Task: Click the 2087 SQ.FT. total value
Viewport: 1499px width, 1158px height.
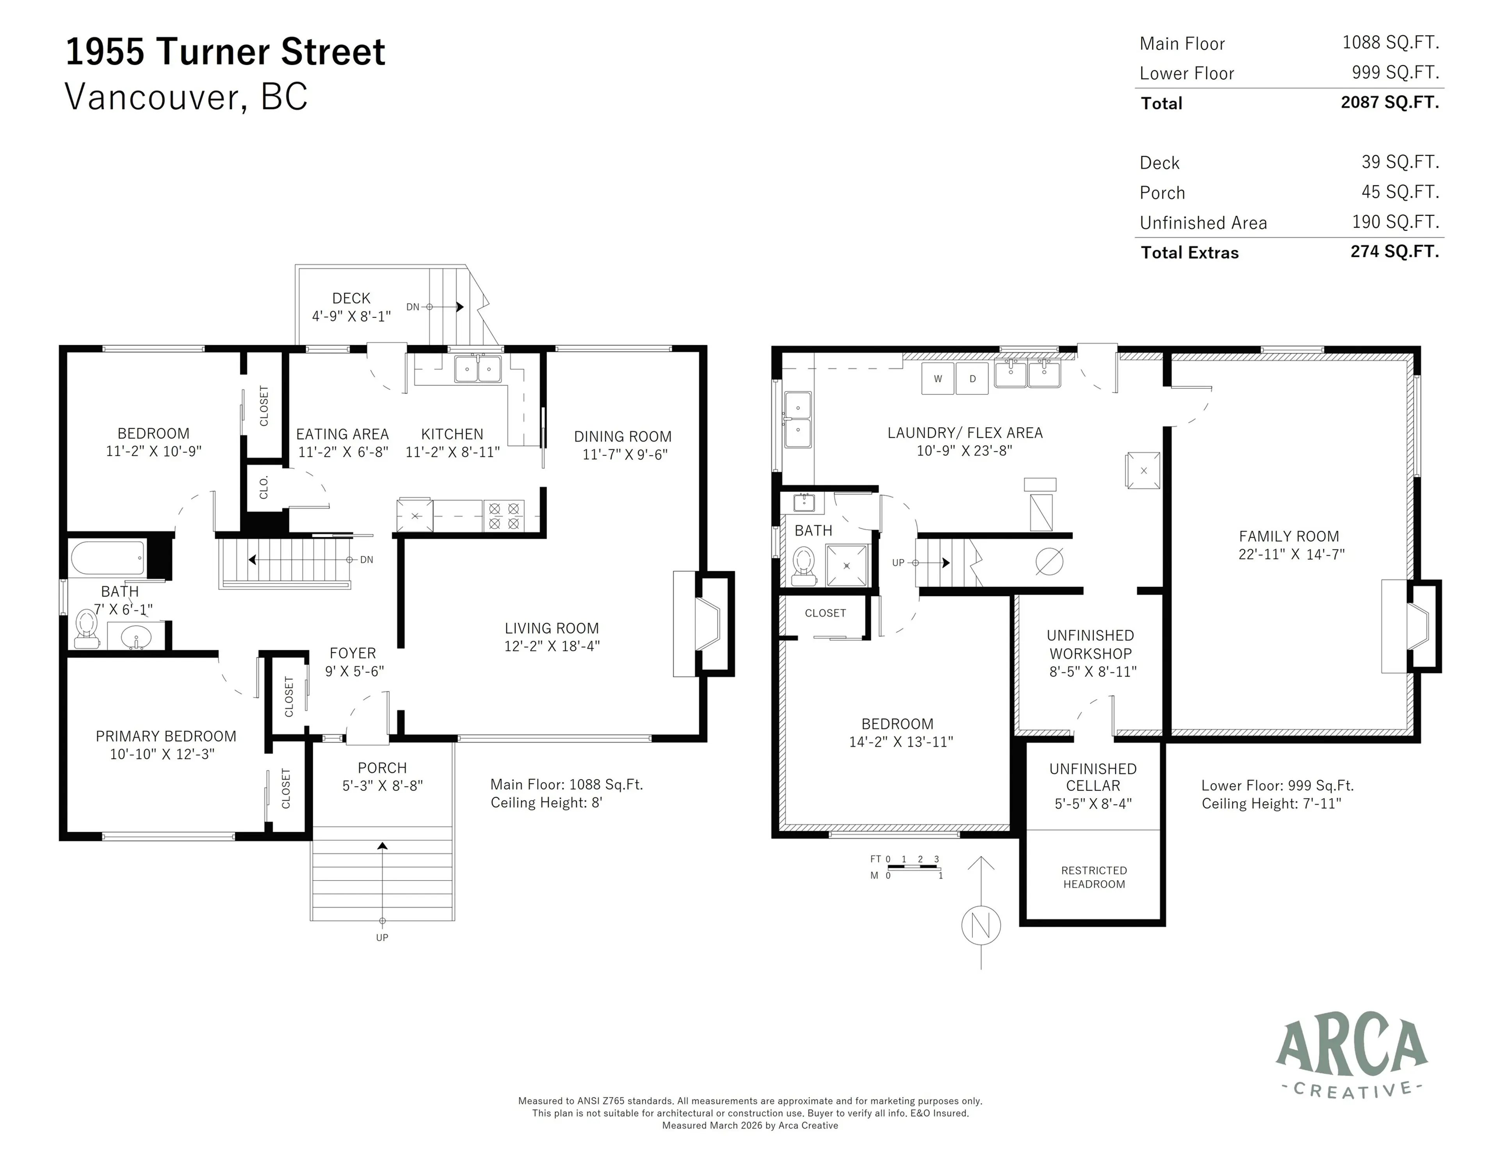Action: pyautogui.click(x=1389, y=102)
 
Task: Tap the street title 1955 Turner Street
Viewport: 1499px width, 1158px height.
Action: pyautogui.click(x=225, y=52)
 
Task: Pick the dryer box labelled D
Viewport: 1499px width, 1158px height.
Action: pyautogui.click(x=972, y=379)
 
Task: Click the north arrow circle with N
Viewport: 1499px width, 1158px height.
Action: pyautogui.click(x=981, y=926)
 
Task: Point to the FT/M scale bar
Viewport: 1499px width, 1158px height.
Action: pyautogui.click(x=913, y=867)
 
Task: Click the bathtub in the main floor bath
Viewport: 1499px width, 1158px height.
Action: pyautogui.click(x=108, y=558)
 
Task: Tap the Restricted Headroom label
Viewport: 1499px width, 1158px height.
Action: pyautogui.click(x=1093, y=877)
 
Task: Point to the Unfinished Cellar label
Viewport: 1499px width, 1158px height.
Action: pyautogui.click(x=1093, y=777)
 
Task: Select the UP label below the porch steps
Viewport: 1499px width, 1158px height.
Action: pyautogui.click(x=382, y=937)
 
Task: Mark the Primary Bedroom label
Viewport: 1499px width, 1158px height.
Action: pyautogui.click(x=166, y=736)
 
